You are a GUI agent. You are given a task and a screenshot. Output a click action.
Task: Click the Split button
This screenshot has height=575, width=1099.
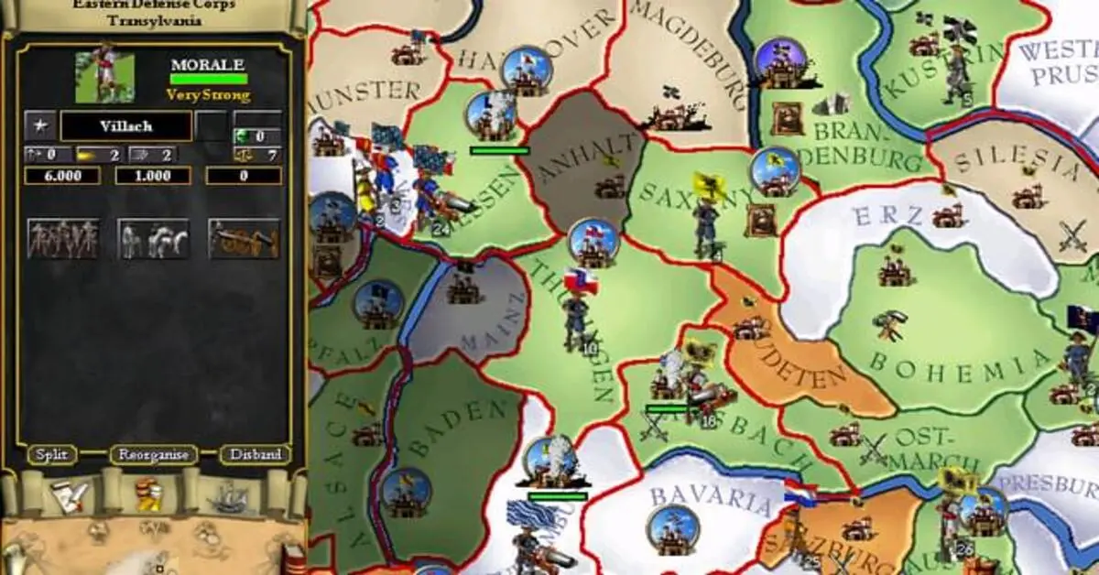click(52, 454)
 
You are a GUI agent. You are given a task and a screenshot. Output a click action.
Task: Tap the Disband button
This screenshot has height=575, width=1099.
click(256, 454)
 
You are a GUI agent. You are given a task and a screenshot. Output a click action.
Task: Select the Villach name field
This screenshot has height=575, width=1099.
click(125, 126)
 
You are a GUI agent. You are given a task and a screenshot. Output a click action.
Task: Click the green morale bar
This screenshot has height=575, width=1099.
click(208, 80)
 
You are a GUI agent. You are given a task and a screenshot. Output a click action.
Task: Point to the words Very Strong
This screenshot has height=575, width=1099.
click(208, 94)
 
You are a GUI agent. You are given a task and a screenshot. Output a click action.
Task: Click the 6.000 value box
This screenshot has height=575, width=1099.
click(61, 176)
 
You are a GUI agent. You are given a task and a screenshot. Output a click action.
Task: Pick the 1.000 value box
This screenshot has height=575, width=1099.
click(152, 176)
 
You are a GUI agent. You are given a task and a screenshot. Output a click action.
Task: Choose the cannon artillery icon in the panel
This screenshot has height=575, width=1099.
click(244, 239)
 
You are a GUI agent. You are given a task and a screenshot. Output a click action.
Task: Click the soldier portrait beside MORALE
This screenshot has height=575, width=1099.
click(104, 77)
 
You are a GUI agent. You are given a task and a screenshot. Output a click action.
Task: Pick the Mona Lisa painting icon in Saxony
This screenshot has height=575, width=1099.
click(759, 218)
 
